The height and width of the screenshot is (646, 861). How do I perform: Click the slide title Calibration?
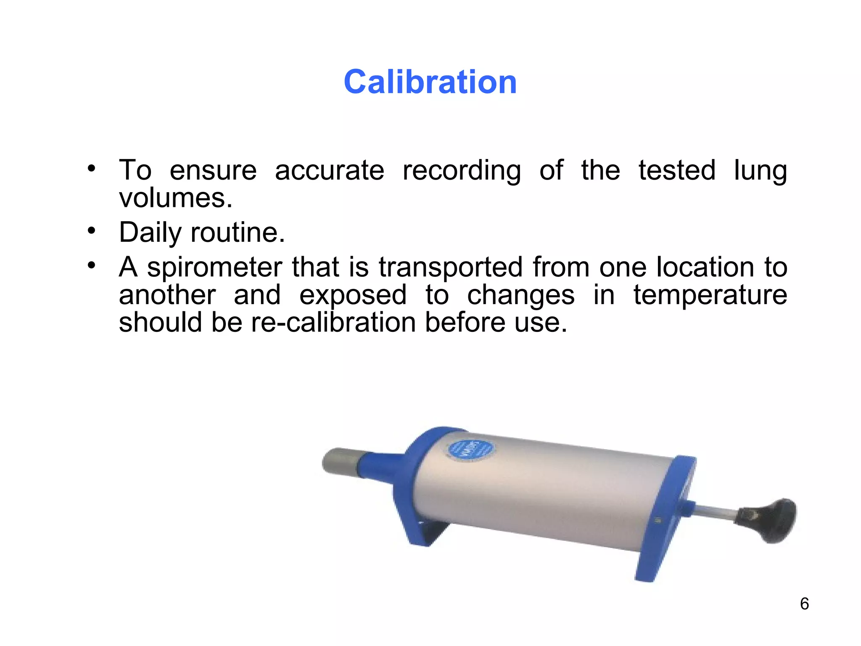tap(430, 82)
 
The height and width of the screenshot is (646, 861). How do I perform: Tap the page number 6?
tap(804, 604)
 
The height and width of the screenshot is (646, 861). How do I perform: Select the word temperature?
tap(710, 295)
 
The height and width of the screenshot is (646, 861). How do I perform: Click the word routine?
tap(238, 233)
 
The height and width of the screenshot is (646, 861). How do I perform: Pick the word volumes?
tap(175, 198)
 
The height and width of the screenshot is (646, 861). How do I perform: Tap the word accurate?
tap(330, 170)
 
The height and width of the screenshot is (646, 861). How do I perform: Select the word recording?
tap(462, 171)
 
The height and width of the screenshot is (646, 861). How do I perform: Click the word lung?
tap(760, 171)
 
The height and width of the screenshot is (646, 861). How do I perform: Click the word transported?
tap(450, 268)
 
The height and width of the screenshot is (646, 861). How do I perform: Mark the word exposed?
tap(353, 296)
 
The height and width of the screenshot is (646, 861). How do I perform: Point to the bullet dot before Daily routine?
tap(92, 230)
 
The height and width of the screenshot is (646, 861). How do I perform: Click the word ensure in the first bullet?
tap(213, 170)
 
